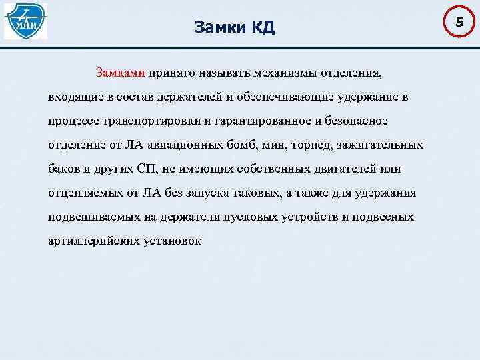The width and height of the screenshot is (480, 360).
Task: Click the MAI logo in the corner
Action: (26, 21)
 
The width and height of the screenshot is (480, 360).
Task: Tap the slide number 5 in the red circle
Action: (459, 23)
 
